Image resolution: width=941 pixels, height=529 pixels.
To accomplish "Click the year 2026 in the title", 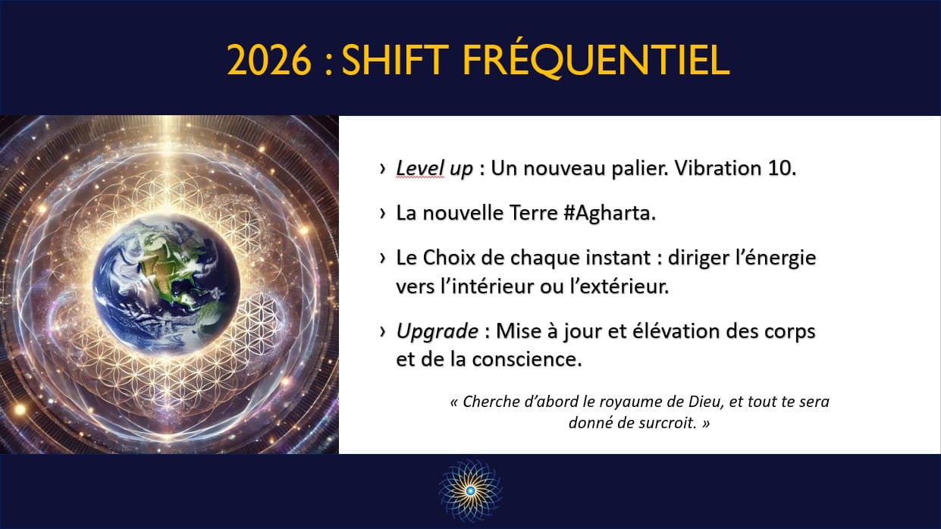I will [x=269, y=61].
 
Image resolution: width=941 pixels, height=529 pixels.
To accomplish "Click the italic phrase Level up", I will [x=434, y=169].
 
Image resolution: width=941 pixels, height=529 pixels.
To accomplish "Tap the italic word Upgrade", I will [x=438, y=332].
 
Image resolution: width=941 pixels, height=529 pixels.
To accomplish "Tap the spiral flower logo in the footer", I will [x=470, y=491].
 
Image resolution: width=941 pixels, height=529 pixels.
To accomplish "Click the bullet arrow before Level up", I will [x=382, y=169].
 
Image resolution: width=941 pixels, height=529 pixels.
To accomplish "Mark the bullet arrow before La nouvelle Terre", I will [x=382, y=213].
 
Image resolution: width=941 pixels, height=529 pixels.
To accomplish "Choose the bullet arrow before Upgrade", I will [x=382, y=332].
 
